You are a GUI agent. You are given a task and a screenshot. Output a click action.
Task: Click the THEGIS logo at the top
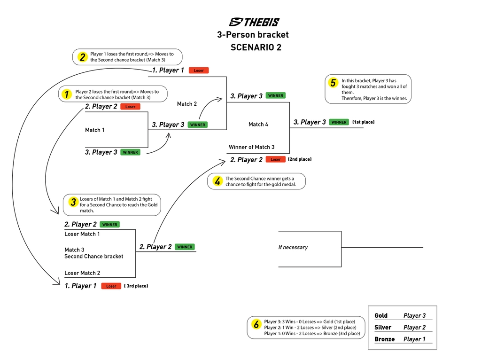click(254, 22)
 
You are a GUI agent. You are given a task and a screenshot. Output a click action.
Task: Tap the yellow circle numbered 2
click(82, 57)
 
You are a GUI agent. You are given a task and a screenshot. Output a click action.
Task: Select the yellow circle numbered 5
click(333, 83)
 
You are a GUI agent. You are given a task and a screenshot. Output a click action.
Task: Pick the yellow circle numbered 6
click(256, 324)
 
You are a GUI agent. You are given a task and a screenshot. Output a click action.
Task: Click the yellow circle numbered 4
click(217, 181)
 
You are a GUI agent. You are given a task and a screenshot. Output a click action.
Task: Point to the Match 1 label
click(95, 130)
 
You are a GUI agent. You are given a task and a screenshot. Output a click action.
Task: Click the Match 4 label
click(258, 124)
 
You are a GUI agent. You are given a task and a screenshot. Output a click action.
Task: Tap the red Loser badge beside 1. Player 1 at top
click(199, 70)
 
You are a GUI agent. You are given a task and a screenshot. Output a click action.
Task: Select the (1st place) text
click(364, 122)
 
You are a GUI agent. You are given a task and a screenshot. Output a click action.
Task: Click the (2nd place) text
click(300, 159)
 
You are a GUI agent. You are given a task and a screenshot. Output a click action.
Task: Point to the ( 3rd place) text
click(136, 286)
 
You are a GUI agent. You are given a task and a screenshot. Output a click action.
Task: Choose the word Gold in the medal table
click(381, 316)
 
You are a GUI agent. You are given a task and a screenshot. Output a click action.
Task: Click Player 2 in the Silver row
click(415, 328)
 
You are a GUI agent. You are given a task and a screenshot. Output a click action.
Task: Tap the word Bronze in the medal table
click(384, 339)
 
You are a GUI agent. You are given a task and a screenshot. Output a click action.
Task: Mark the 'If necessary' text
click(293, 247)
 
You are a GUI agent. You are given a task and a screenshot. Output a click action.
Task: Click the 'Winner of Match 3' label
click(251, 147)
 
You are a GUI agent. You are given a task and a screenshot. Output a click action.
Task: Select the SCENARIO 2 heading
click(256, 47)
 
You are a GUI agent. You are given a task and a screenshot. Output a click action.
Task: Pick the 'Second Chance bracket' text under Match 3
click(94, 257)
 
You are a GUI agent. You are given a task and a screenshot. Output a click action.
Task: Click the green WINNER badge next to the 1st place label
click(339, 122)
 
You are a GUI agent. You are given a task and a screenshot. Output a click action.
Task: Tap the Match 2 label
click(187, 103)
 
